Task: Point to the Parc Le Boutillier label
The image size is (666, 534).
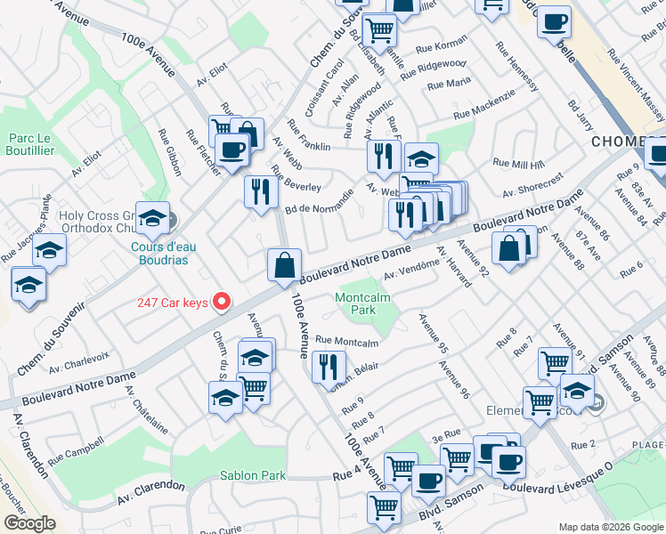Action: click(32, 144)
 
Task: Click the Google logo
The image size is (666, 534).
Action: click(29, 523)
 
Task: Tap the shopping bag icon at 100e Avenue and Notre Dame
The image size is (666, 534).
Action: click(284, 264)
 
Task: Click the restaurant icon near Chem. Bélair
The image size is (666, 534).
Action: click(329, 366)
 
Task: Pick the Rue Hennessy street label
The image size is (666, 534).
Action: click(520, 67)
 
